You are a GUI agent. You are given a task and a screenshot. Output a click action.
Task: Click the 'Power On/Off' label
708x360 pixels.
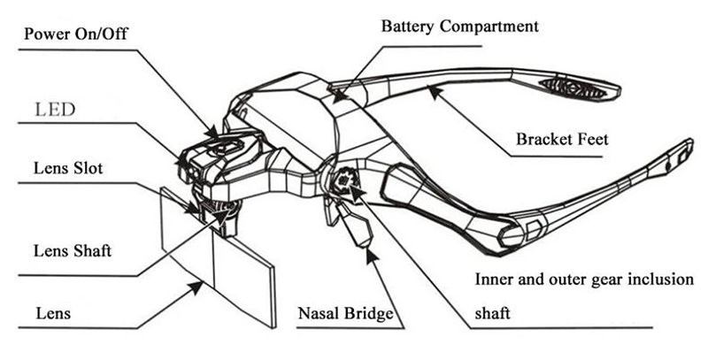tap(76, 34)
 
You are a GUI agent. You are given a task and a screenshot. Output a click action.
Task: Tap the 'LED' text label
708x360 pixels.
tap(55, 110)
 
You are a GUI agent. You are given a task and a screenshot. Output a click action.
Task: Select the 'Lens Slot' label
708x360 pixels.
tap(68, 168)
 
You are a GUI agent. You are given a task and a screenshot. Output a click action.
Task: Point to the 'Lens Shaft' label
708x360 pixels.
tap(73, 251)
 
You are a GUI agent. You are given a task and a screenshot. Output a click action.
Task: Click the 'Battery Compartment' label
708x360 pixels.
tap(459, 27)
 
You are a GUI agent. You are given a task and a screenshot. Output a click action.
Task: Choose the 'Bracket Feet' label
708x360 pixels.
tap(562, 139)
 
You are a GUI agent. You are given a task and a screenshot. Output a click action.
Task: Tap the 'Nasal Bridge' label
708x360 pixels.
tap(345, 313)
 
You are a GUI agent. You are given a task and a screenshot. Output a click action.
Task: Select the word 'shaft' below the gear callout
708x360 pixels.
tap(492, 312)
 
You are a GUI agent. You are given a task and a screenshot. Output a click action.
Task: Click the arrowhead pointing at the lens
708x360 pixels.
tap(196, 287)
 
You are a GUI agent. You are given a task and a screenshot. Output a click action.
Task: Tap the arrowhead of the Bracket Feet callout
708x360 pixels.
tap(434, 92)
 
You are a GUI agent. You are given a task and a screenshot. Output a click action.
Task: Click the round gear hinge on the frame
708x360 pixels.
tap(344, 180)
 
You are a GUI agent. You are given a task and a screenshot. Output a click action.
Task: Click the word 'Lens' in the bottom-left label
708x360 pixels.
tap(53, 313)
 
